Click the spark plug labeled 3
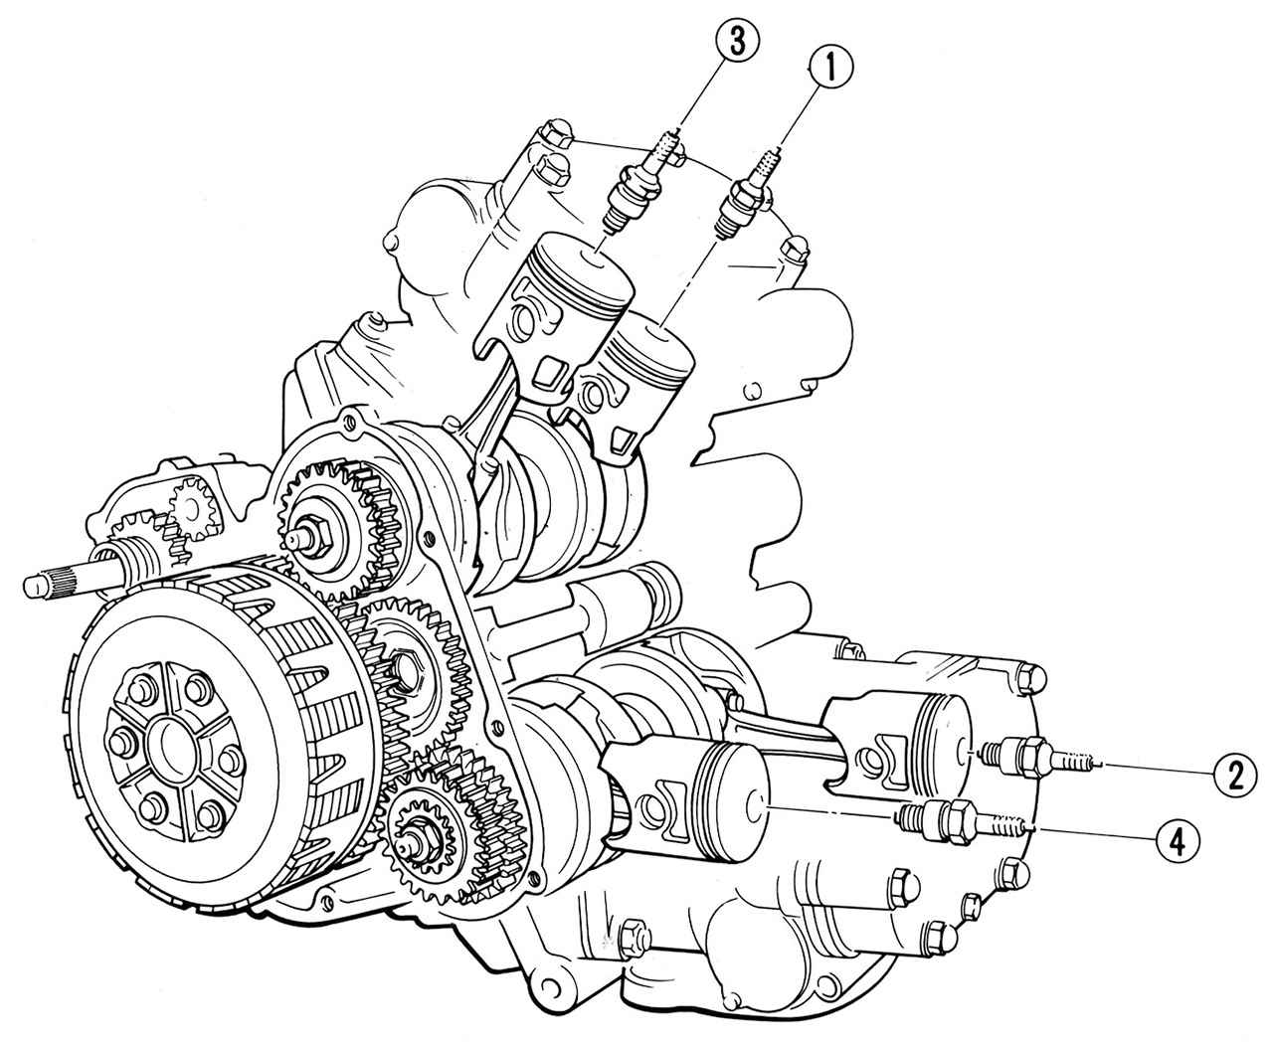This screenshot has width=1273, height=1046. tap(641, 183)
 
